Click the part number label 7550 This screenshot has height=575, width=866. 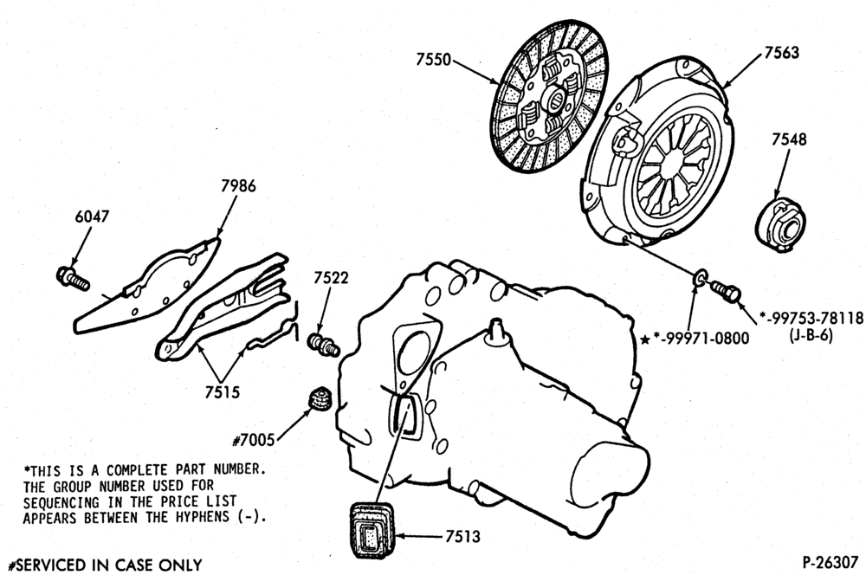coord(434,60)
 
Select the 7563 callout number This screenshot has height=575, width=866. coord(781,53)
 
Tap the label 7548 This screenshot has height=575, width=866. coord(789,139)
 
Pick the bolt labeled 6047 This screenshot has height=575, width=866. coord(73,278)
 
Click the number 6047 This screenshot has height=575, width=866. coord(93,216)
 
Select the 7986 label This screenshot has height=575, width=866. coord(238,185)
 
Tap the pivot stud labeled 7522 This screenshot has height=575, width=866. coord(323,343)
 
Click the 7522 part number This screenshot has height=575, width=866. coord(331,278)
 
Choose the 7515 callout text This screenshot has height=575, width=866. coord(223,392)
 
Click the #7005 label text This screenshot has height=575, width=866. coord(254,440)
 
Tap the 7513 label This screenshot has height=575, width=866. coord(462,536)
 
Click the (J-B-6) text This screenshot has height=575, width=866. coord(811,335)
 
